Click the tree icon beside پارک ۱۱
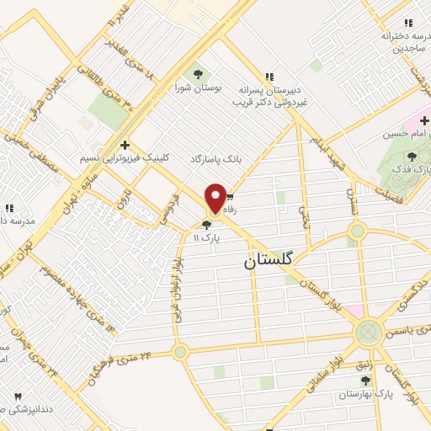(206, 224)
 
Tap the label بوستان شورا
(200, 87)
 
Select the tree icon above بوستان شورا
(199, 72)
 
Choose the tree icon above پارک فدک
(412, 156)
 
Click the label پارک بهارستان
(372, 394)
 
